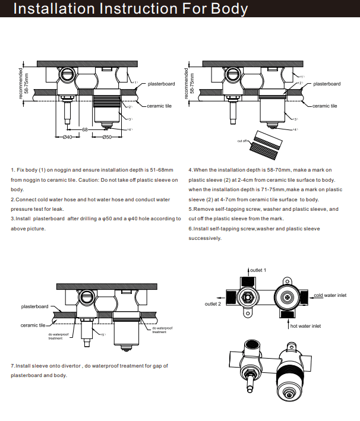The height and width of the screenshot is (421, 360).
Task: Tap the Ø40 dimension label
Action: tap(67, 137)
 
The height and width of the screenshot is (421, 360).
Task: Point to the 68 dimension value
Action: tap(85, 129)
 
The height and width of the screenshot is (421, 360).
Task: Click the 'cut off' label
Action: tap(242, 141)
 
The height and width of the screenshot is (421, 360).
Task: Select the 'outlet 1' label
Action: tap(257, 270)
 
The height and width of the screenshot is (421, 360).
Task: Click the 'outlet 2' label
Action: tap(213, 303)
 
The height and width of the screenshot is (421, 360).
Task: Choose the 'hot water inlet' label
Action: tap(305, 326)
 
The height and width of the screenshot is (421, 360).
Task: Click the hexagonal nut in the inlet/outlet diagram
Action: tap(247, 296)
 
